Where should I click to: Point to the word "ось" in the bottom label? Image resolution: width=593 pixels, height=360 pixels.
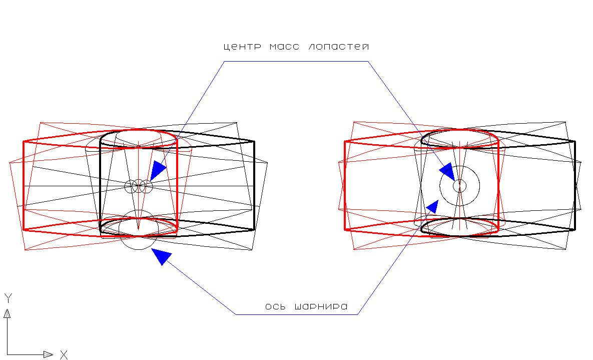(x=275, y=306)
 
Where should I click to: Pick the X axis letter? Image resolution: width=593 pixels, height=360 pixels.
(x=64, y=355)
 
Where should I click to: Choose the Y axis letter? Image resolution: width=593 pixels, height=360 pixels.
(x=8, y=298)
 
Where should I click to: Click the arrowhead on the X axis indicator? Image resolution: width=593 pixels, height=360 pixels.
(x=48, y=354)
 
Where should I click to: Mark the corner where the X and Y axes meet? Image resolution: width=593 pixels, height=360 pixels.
(x=8, y=354)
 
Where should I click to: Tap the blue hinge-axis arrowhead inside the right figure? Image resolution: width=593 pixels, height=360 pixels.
(x=432, y=206)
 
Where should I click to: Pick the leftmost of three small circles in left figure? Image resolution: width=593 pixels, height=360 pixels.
(x=131, y=186)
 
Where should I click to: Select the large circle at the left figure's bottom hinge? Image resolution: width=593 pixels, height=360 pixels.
(x=139, y=230)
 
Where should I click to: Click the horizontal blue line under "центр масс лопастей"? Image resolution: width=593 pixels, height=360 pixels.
(x=296, y=62)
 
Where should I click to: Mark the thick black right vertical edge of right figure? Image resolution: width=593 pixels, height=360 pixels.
(x=574, y=185)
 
